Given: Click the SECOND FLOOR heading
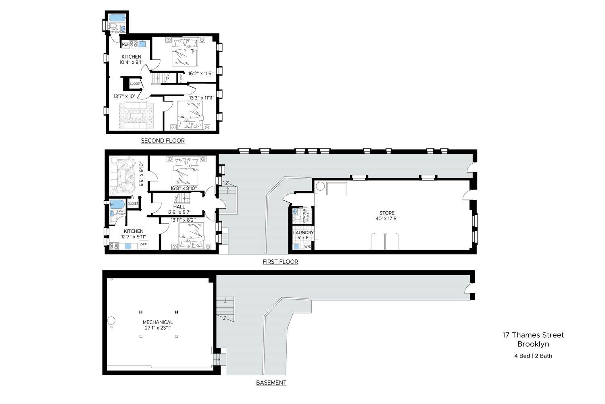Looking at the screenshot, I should (163, 141).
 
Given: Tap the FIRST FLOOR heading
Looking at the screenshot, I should (280, 262).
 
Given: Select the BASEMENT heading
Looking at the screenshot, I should (271, 383).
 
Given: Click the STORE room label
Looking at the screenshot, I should (387, 213).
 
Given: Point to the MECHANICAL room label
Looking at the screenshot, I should (158, 322).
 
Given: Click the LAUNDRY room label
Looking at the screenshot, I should (303, 233).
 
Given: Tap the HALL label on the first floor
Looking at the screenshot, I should (179, 207).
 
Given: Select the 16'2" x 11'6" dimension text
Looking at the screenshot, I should (200, 74).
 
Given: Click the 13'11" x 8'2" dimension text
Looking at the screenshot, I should (183, 220).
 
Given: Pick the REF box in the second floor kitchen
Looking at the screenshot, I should (125, 44).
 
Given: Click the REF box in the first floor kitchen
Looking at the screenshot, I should (143, 245).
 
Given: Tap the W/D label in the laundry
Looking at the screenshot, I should (307, 246).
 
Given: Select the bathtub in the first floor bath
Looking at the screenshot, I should (117, 204).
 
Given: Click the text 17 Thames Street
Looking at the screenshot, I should (533, 335).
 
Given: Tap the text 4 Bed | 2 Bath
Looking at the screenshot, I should (533, 356).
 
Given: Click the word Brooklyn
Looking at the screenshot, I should (533, 344).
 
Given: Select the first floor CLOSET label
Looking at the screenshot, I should (133, 204).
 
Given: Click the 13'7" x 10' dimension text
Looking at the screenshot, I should (124, 96).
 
